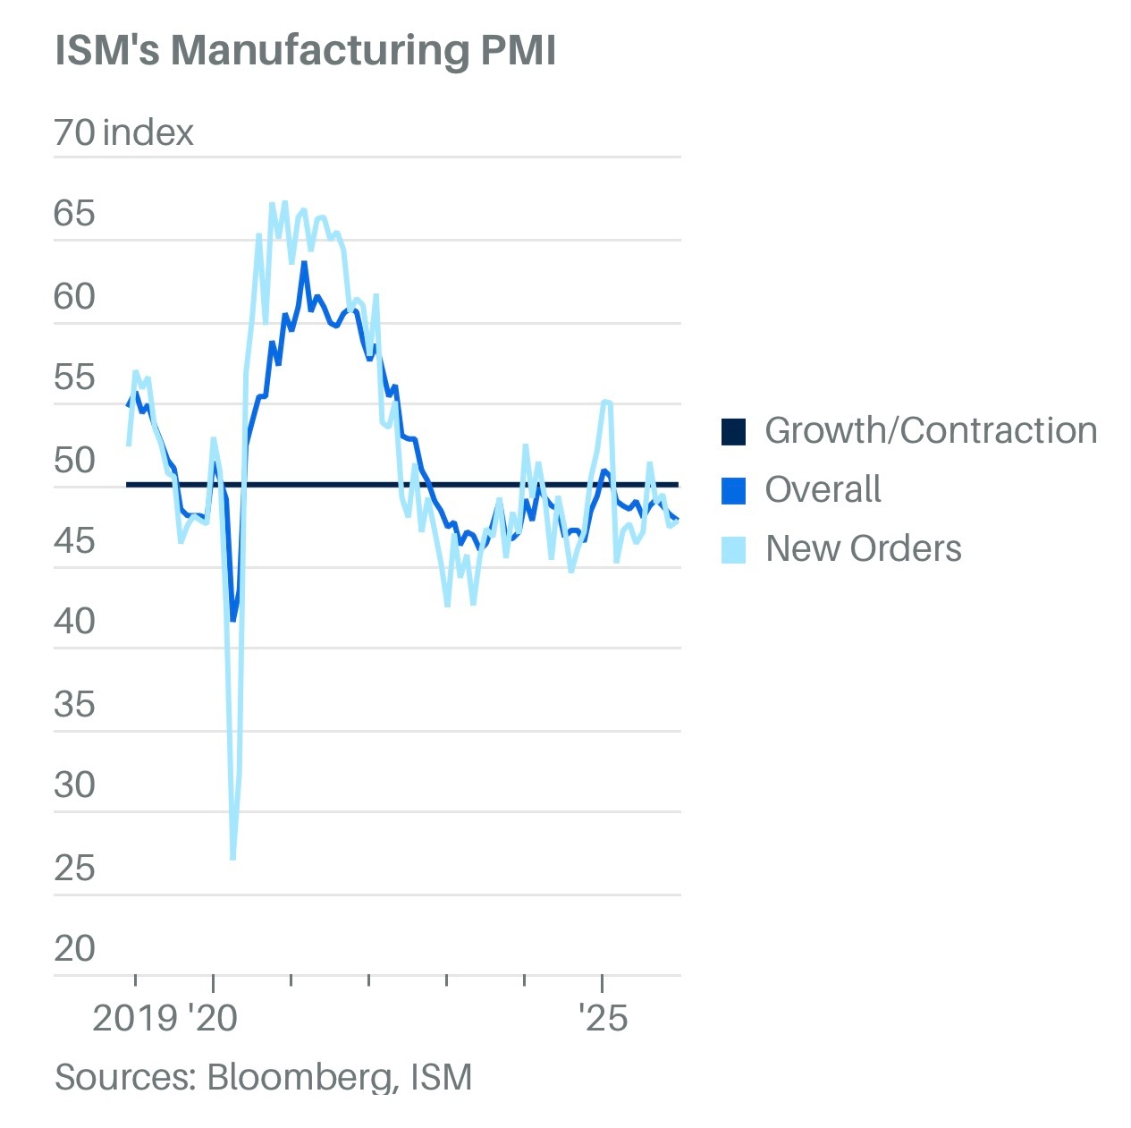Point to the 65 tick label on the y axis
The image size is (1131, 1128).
tap(74, 214)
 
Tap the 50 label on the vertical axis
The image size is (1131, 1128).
tap(74, 460)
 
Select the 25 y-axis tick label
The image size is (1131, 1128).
tap(74, 867)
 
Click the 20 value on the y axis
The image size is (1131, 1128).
tap(74, 948)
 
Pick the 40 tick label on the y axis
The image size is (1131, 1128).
tap(74, 621)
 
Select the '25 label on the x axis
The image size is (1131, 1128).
tap(603, 1018)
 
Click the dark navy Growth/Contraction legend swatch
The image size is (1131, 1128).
tap(733, 431)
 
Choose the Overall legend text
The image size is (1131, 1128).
tap(823, 489)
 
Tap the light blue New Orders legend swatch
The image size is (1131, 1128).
tap(733, 549)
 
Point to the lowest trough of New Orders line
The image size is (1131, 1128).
tap(233, 858)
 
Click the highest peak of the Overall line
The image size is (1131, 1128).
tap(304, 263)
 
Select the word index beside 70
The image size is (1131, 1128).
tap(148, 132)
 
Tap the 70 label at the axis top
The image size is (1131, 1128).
tap(74, 132)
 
